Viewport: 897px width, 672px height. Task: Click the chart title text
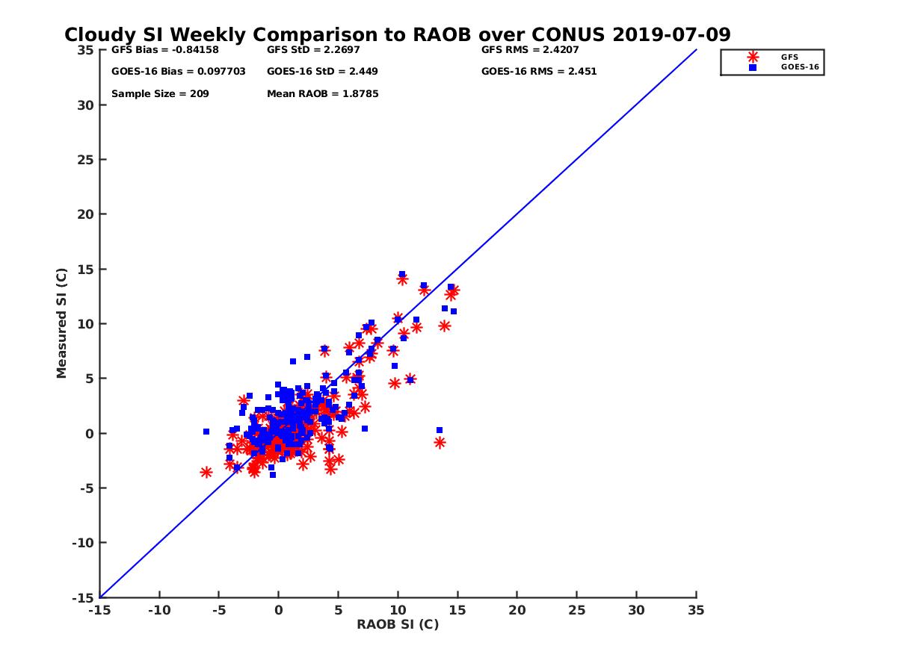click(x=397, y=35)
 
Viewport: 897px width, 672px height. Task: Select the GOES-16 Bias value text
click(x=162, y=72)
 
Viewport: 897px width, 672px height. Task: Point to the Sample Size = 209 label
click(x=160, y=94)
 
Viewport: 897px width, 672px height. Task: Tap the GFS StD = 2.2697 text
click(x=310, y=50)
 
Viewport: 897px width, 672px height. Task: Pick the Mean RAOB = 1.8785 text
click(x=322, y=94)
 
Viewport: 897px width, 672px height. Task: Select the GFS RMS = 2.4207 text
click(x=530, y=50)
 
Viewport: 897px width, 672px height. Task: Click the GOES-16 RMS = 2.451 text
click(x=539, y=72)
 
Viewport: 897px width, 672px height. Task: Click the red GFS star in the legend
click(x=753, y=57)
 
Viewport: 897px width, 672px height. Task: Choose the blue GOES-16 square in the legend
click(x=753, y=67)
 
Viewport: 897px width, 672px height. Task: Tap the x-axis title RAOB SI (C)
click(x=398, y=624)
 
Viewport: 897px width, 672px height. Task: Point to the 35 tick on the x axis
click(x=696, y=610)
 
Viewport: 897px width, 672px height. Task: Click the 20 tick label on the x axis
click(x=517, y=610)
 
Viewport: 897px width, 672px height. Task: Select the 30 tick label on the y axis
click(x=85, y=105)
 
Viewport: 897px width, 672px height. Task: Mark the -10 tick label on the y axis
click(x=82, y=543)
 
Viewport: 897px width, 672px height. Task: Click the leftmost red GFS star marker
click(x=206, y=472)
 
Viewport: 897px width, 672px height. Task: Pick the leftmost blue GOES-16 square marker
click(x=206, y=432)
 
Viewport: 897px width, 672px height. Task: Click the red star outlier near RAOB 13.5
click(x=440, y=442)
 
